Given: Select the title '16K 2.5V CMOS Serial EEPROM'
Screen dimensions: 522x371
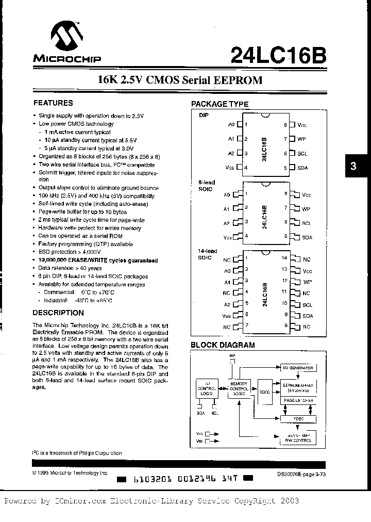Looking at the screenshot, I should pos(180,80).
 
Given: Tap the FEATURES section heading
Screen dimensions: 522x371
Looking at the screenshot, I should pos(53,103).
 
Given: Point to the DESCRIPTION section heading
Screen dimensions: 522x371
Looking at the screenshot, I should pos(58,313).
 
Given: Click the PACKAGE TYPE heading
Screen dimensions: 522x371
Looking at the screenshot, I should pos(220,104).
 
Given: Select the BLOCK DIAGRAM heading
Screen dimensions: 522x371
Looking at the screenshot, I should pos(223,345).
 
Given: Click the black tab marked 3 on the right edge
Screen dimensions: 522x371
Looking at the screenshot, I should pos(353,167).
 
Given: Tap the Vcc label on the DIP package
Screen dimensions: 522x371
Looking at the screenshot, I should pos(302,125).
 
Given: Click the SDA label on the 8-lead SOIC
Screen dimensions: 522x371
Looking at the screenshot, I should pos(307,237).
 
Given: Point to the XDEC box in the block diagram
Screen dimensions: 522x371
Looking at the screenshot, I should pos(265,392).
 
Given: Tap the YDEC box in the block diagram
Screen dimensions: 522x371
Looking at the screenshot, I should pos(299,419).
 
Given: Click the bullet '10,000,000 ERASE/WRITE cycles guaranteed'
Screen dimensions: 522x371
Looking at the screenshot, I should pos(98,260).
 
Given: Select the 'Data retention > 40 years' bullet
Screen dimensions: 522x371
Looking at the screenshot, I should pos(70,268).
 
